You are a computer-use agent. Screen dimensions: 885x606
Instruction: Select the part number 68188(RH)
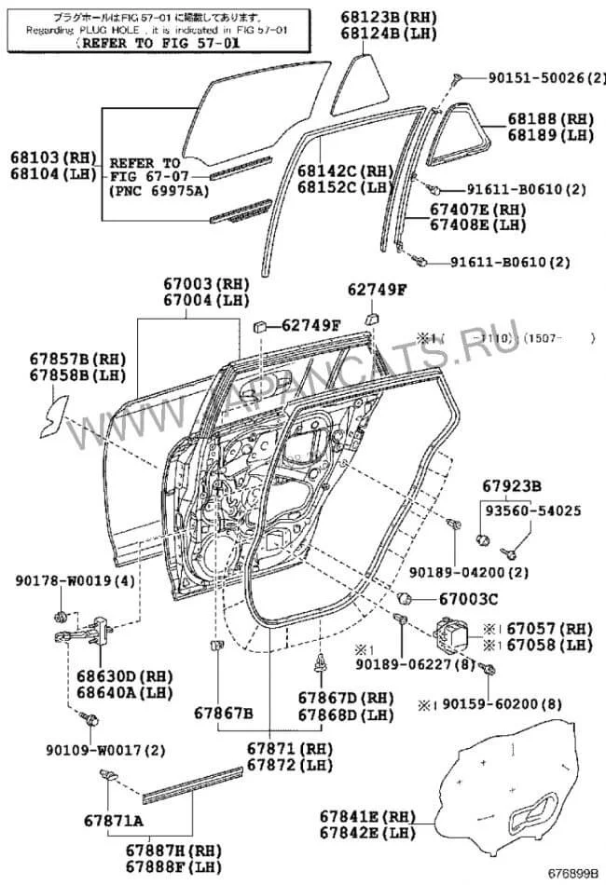(x=551, y=119)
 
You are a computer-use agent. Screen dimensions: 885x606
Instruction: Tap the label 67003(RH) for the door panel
(x=203, y=283)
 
